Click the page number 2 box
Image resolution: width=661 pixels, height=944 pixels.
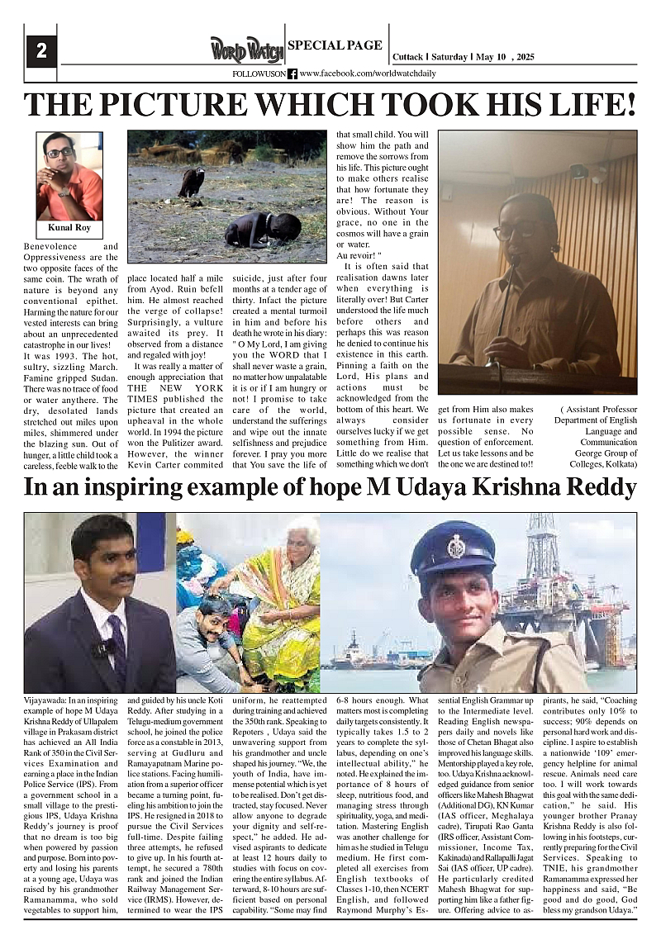click(x=40, y=50)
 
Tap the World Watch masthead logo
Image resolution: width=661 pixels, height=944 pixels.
click(x=246, y=50)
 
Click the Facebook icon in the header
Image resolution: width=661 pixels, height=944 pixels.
click(x=292, y=74)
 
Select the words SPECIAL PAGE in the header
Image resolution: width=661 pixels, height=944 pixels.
click(x=335, y=45)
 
